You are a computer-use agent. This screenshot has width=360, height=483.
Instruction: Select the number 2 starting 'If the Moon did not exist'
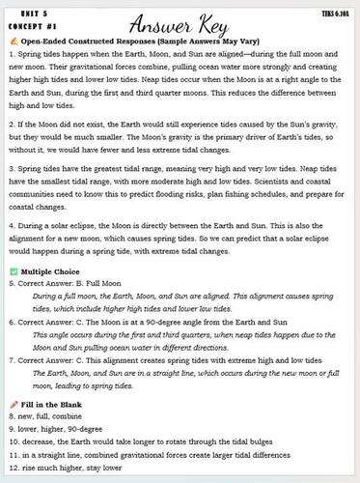point(9,125)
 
